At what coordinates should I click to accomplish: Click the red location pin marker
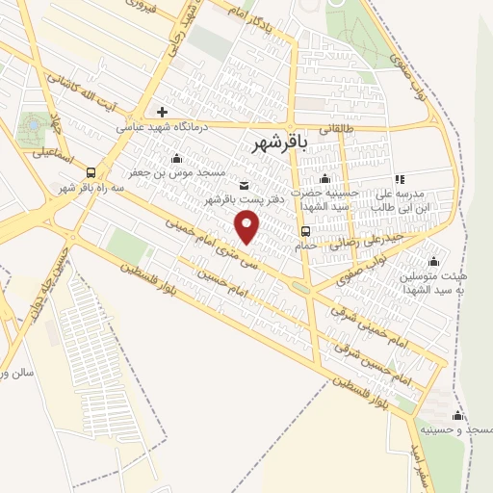[x=248, y=226]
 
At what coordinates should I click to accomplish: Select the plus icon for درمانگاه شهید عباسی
[x=163, y=112]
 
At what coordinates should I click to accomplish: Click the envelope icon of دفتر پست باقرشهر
[x=243, y=185]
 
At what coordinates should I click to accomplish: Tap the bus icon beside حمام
[x=305, y=231]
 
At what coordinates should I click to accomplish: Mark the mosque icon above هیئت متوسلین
[x=433, y=260]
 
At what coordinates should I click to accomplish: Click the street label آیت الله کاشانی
[x=102, y=91]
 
